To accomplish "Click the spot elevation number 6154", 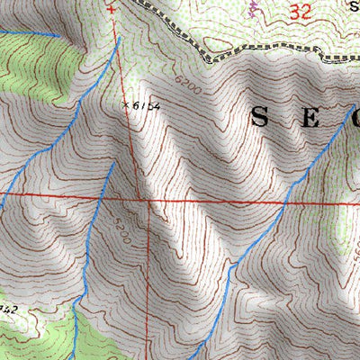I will tap(147, 106).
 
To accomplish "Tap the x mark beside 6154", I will tap(126, 104).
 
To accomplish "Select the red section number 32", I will tap(301, 12).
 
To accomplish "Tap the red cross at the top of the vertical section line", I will tap(112, 10).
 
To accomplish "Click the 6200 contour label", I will tap(189, 85).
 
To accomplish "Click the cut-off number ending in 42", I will tap(7, 309).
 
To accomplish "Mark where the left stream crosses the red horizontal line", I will tap(103, 194).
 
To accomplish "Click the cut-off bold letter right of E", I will tap(355, 117).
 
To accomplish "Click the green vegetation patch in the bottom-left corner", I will tap(36, 337).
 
